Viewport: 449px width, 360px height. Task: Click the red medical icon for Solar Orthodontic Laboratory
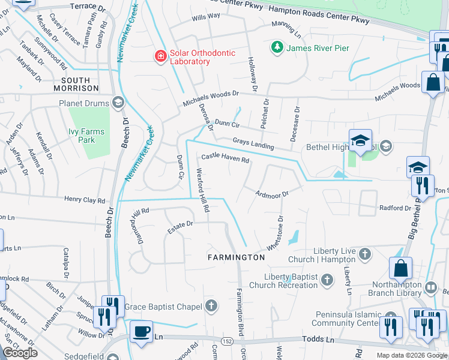[x=160, y=56]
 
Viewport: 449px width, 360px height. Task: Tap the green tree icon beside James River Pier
[x=277, y=47]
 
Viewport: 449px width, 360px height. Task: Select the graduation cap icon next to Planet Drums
[x=118, y=103]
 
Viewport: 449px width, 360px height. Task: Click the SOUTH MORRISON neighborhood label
[x=76, y=84]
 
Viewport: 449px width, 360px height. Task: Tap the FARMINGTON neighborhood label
[x=236, y=257]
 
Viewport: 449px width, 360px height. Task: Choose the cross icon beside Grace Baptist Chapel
[x=210, y=307]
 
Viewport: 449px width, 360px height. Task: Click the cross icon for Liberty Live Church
[x=364, y=255]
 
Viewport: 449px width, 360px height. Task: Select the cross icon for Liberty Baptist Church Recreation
[x=327, y=280]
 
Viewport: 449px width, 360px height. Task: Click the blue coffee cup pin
[x=142, y=332]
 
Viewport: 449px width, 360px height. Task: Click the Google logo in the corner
[x=20, y=353]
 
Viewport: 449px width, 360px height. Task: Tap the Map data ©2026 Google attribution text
[x=411, y=355]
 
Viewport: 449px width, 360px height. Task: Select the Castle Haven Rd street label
[x=225, y=158]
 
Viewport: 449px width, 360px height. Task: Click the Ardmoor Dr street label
[x=272, y=194]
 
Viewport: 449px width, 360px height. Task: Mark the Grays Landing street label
[x=253, y=143]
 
